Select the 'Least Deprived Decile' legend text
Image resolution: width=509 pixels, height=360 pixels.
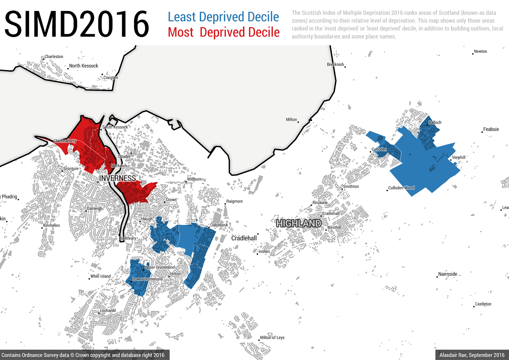point(223,17)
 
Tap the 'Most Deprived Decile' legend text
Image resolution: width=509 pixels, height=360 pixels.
point(224,32)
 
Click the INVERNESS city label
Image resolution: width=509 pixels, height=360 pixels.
point(117,178)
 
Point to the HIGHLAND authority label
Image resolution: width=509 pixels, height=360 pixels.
point(298,223)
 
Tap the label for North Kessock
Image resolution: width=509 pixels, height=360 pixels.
point(83,66)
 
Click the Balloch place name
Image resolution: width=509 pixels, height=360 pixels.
point(435,123)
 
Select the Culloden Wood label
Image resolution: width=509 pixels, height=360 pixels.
point(401,188)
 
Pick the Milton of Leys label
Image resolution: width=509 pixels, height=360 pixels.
point(272,338)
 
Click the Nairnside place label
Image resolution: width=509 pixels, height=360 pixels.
point(448,274)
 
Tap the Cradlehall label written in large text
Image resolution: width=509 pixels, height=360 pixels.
point(244,238)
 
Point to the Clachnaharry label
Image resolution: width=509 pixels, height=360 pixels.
point(65,141)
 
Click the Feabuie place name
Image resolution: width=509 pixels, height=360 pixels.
point(491,129)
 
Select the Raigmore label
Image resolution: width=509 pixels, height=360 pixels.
point(234,201)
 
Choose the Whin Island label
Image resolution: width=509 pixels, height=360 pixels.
point(101,276)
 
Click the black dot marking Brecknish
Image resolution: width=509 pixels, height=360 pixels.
point(345,67)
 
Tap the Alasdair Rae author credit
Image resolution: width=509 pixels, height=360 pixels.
point(472,355)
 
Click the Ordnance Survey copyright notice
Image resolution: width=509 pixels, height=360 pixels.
point(83,355)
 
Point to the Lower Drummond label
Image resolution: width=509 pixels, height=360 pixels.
point(147,279)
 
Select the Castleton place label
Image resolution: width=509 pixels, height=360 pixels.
point(483,304)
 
